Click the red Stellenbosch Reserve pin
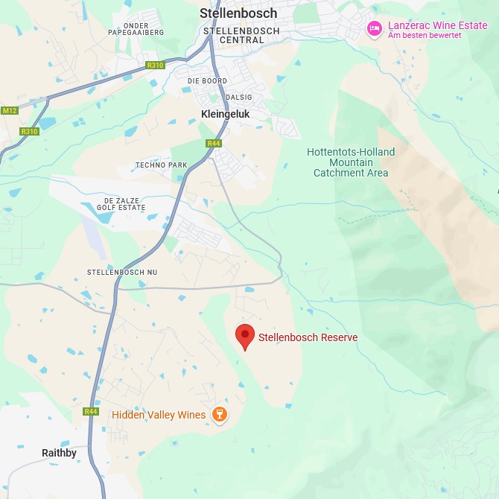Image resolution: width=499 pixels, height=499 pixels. (245, 337)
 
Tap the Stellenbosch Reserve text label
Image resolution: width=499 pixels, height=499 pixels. (308, 337)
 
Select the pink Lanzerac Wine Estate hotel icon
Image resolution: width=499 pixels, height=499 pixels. (375, 28)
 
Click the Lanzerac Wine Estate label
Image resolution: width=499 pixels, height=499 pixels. (437, 26)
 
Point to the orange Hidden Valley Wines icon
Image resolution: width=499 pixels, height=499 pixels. (220, 415)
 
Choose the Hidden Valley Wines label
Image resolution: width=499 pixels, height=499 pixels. (159, 415)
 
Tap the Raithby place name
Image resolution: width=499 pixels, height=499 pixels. (59, 453)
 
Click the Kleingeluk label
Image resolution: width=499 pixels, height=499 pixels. (226, 114)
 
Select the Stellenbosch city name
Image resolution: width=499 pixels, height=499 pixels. (238, 13)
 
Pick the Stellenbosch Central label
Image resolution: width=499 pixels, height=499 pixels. (241, 36)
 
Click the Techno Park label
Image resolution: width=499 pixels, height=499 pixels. (161, 165)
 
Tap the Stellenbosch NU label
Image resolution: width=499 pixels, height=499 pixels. (122, 273)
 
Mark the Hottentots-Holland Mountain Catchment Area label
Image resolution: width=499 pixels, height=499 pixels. (351, 162)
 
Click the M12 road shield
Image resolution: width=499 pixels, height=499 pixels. (9, 111)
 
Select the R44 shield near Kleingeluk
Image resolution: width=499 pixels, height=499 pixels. (214, 143)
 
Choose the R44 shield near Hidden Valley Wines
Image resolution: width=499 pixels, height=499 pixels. (91, 411)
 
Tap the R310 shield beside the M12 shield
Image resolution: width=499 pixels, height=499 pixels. (29, 132)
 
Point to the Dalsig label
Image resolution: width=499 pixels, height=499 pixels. (240, 98)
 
